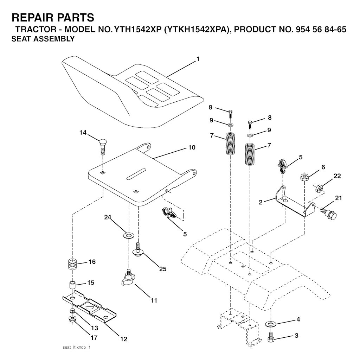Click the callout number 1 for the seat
pos(198,59)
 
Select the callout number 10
pos(192,147)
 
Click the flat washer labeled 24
pos(129,234)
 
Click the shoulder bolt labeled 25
pos(138,251)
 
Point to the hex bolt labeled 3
pos(271,337)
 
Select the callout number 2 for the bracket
pos(261,202)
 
